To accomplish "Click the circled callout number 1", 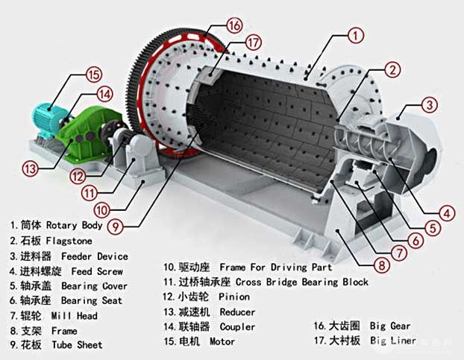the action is [x=355, y=36].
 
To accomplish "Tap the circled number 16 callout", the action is [x=235, y=25].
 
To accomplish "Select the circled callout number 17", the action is [x=253, y=42].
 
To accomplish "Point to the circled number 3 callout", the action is [x=430, y=105].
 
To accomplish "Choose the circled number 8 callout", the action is [x=381, y=265].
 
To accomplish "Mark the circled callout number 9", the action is [x=116, y=227].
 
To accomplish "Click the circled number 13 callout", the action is [x=31, y=168].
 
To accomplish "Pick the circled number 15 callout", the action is [x=94, y=75].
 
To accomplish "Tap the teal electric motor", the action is [x=47, y=120].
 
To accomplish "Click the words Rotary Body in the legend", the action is [x=75, y=225].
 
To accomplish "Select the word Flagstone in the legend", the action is [x=69, y=241].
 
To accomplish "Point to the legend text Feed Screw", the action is [x=97, y=271].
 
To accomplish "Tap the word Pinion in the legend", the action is [x=234, y=297].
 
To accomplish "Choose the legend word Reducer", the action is [x=237, y=312].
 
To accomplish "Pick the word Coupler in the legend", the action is [x=237, y=327].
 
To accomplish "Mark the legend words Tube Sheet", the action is [x=78, y=345].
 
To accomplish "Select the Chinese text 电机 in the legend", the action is [x=189, y=341].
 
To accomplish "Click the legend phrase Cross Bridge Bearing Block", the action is [x=302, y=282].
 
